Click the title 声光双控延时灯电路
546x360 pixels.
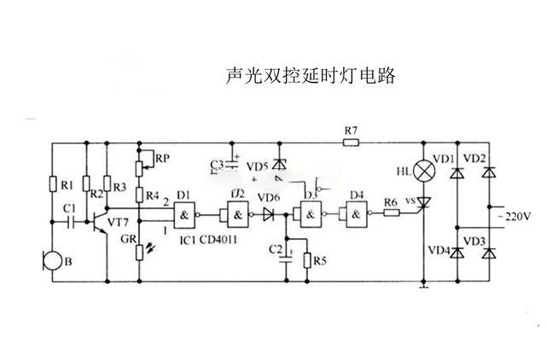(310, 76)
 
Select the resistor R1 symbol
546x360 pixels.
(53, 184)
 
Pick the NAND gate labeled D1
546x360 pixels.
(185, 213)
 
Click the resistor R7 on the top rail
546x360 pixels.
(351, 143)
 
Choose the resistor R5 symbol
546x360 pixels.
(308, 258)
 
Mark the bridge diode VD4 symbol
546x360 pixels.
(457, 253)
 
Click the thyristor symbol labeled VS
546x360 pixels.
(424, 203)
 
